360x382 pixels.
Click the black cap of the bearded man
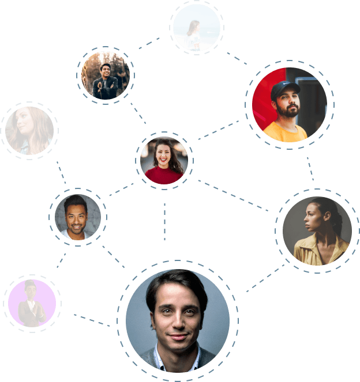click(x=285, y=88)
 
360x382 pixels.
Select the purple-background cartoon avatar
click(x=32, y=303)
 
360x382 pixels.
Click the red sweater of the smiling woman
click(x=164, y=175)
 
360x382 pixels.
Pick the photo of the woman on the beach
click(x=197, y=28)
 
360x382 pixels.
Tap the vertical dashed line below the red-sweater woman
click(x=164, y=222)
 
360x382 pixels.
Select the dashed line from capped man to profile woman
click(x=310, y=168)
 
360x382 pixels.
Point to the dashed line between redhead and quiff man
click(x=61, y=172)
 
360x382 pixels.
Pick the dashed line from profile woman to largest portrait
click(x=265, y=279)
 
